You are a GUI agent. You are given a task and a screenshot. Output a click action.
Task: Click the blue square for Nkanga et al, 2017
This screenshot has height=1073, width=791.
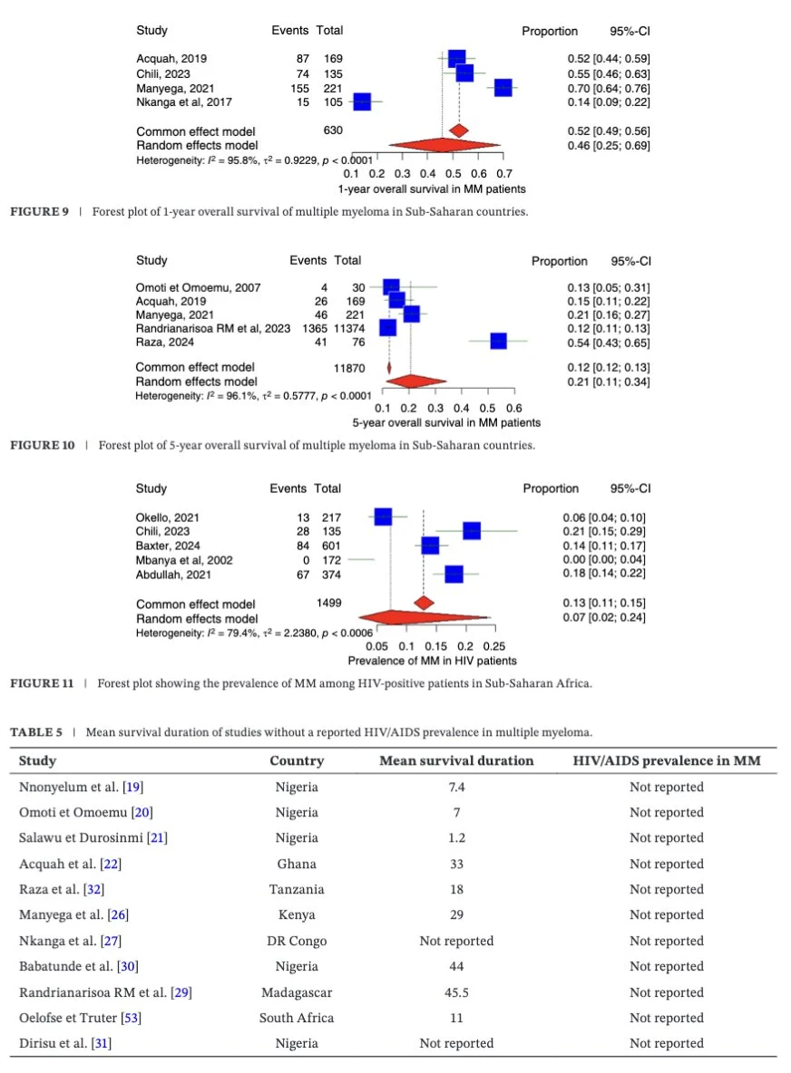pos(362,102)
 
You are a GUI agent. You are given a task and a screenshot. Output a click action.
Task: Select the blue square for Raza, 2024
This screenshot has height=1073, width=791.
pos(498,342)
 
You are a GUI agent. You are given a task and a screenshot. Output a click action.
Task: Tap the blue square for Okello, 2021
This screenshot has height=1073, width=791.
pos(384,517)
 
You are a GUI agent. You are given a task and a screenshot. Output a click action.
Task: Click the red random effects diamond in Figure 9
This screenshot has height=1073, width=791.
pos(443,144)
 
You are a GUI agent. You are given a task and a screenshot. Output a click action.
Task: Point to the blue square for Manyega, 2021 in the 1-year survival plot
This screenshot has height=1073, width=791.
pos(503,88)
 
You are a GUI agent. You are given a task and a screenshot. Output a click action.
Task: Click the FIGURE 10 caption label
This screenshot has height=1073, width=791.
pos(43,445)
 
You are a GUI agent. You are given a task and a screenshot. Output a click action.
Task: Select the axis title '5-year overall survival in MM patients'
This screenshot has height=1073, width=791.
pos(446,423)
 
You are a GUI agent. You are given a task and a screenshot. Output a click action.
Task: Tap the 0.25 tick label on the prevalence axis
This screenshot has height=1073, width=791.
pos(494,647)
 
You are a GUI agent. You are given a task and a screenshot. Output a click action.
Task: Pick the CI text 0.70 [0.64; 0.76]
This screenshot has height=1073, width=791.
pos(605,88)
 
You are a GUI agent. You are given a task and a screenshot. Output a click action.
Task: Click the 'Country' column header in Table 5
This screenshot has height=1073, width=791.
pos(297,761)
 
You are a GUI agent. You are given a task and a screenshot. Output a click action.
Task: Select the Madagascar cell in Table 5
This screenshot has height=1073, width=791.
pos(297,992)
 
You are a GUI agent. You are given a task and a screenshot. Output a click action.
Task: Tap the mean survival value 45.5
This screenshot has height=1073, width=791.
pos(456,992)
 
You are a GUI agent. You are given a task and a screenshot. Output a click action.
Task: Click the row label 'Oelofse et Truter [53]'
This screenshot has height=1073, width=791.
pos(80,1018)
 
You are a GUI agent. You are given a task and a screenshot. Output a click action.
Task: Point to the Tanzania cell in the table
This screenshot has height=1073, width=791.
pos(297,889)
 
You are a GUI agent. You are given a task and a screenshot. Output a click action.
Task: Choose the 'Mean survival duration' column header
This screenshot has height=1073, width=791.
pos(456,761)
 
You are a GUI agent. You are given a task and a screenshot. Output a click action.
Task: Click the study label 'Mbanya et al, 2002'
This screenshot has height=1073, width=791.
pos(184,560)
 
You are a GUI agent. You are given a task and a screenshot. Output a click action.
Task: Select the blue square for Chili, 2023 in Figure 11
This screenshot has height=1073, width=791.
pos(472,531)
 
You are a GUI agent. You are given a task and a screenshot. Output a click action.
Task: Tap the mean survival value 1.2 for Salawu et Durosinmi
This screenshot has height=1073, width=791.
pos(456,837)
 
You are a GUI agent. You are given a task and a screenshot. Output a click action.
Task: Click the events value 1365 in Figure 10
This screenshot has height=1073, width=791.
pos(314,328)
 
